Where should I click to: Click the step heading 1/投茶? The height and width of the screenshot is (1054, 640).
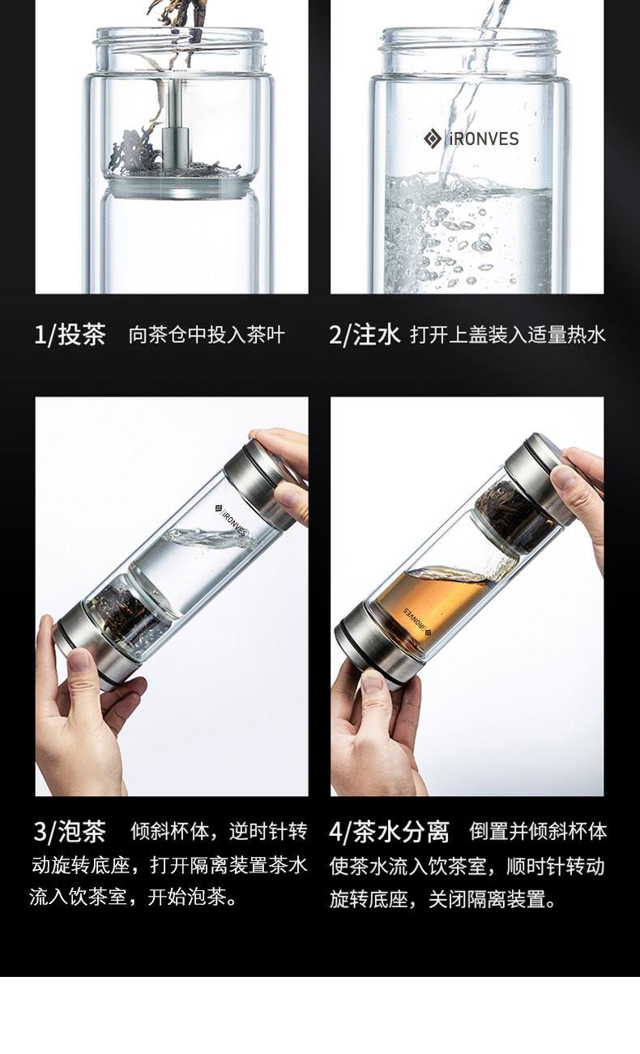point(70,335)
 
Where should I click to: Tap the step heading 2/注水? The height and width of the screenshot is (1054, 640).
point(365,335)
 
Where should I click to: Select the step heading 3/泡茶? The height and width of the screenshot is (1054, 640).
point(70,831)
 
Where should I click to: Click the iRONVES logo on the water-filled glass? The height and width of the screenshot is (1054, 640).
point(471,139)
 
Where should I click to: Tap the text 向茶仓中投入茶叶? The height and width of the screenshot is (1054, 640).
point(207,335)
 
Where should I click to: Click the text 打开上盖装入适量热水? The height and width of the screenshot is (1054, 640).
point(508,335)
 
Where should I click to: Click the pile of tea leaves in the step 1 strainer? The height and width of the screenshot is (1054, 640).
point(136,151)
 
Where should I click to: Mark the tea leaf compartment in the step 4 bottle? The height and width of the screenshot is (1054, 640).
point(516,514)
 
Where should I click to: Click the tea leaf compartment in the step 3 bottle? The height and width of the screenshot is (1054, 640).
point(127,611)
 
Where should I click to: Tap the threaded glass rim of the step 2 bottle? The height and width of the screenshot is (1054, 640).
point(468,41)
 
